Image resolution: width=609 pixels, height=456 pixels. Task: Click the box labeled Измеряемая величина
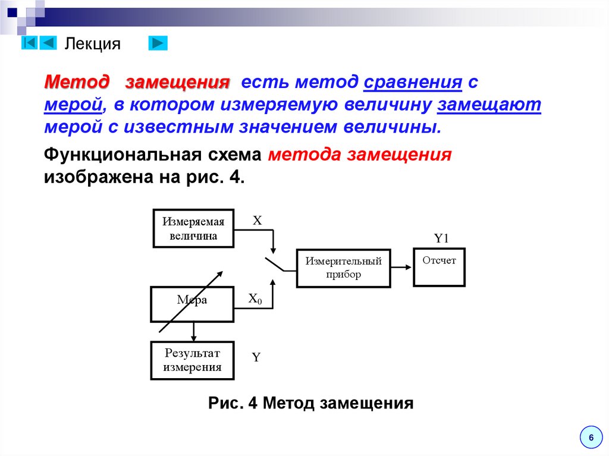193,228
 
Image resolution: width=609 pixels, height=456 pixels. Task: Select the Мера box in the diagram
192,304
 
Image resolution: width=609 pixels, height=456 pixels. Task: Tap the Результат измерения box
192,360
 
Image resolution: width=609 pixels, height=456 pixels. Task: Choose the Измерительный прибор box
343,268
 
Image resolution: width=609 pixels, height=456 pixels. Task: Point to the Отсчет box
439,268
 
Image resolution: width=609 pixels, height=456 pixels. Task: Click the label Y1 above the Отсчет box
440,239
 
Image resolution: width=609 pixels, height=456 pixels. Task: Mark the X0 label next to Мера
255,299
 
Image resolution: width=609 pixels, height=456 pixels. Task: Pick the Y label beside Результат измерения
256,357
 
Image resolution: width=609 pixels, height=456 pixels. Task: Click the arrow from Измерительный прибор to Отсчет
402,267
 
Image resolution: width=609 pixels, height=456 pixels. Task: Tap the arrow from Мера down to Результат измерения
193,332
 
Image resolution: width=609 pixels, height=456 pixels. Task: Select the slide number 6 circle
591,438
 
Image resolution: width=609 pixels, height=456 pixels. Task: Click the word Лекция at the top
92,44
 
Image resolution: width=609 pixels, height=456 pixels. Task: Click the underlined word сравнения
413,82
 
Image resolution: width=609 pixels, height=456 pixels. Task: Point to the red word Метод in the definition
77,82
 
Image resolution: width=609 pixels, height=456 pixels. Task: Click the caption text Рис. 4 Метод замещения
310,404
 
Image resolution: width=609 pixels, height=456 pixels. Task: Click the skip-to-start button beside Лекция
30,43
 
